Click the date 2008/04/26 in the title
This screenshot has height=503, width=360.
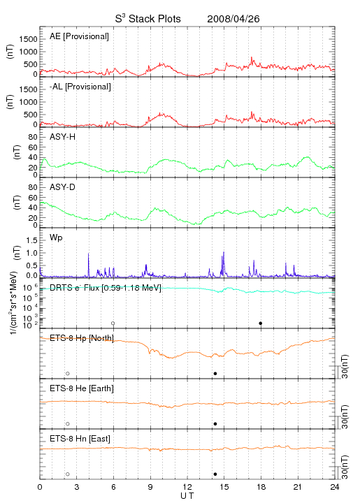point(233,19)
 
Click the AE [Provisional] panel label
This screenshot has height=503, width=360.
point(79,36)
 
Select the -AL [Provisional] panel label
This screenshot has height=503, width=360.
point(80,87)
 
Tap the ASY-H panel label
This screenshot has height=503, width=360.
point(63,137)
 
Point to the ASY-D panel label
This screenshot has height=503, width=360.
point(63,187)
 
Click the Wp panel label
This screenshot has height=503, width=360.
point(56,238)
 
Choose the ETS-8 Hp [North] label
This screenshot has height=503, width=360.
point(82,338)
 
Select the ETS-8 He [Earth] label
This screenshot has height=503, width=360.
point(82,388)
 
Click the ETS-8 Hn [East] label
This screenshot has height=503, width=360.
point(80,439)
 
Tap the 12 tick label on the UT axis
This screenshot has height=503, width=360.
point(187,487)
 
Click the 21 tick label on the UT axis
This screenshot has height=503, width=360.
point(298,487)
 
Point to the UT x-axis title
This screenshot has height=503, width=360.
point(187,495)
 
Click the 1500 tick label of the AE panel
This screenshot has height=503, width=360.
point(28,39)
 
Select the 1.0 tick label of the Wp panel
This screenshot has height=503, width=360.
point(31,253)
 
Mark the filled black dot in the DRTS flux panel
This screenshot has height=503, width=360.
point(261,323)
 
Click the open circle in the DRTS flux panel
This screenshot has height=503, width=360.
point(113,323)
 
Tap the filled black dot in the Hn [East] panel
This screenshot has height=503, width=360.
point(215,474)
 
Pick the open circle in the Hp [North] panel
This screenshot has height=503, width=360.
point(68,374)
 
